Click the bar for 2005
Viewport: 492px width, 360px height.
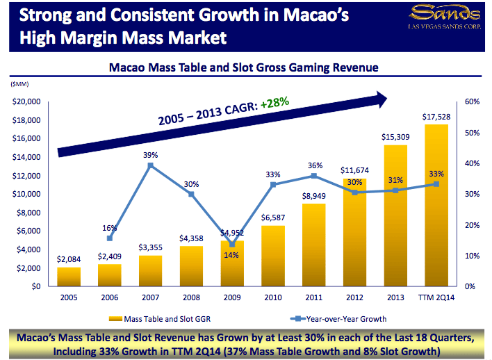[69, 277]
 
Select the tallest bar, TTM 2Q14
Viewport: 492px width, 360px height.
[435, 206]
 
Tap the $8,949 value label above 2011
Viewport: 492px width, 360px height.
[313, 197]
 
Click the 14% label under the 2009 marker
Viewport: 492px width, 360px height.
[231, 255]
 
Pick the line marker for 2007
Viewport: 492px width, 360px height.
[150, 165]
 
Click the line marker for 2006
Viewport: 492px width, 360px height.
[110, 238]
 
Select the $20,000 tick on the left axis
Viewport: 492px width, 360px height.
[27, 101]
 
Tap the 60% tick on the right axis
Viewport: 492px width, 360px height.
[471, 101]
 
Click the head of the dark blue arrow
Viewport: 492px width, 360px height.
[380, 99]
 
